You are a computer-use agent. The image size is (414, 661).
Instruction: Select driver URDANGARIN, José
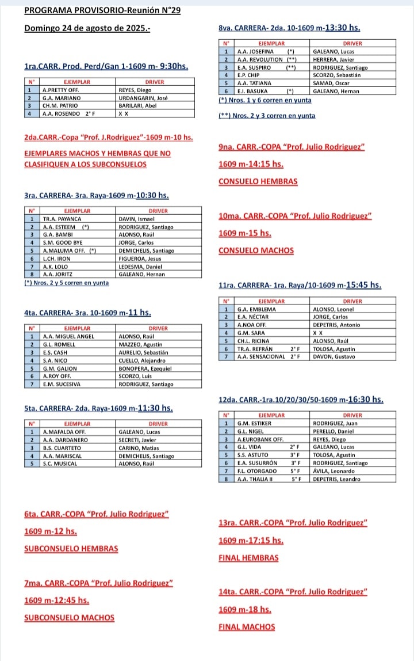pyautogui.click(x=143, y=98)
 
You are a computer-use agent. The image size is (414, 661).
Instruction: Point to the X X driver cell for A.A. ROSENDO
pyautogui.click(x=123, y=114)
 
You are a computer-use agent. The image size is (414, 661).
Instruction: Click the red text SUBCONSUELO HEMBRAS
pyautogui.click(x=71, y=549)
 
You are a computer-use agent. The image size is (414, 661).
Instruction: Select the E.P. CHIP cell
pyautogui.click(x=248, y=75)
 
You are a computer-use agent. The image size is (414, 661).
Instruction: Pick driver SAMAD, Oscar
pyautogui.click(x=332, y=83)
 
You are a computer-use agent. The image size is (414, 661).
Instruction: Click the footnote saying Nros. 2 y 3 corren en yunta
pyautogui.click(x=267, y=115)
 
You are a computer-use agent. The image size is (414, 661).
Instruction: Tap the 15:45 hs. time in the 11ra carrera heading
pyautogui.click(x=365, y=284)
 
